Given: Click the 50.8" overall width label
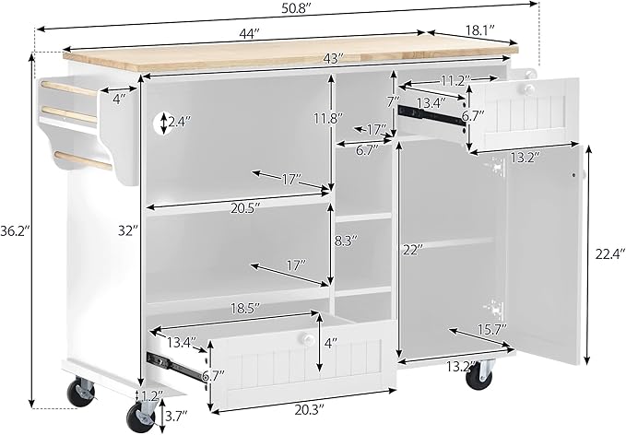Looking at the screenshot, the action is [x=296, y=9].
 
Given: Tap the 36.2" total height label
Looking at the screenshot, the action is [x=15, y=231].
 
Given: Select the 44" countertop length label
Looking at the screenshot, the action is [x=251, y=34].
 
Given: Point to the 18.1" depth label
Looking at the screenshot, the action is [x=480, y=29].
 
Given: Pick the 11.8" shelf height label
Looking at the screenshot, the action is [x=328, y=119].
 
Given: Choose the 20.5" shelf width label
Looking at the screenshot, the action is [x=245, y=208].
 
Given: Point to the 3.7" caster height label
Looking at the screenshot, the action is [x=176, y=416].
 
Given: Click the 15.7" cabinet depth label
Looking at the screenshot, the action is [x=492, y=330].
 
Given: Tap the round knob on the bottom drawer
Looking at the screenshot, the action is [x=307, y=339].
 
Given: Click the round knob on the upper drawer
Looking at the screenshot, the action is [x=529, y=88].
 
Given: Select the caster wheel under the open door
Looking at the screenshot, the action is [x=479, y=375].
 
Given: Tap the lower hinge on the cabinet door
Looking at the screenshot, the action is [x=495, y=307].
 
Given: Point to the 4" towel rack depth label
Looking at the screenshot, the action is [x=119, y=99].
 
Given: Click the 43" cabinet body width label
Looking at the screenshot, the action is [x=334, y=59].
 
